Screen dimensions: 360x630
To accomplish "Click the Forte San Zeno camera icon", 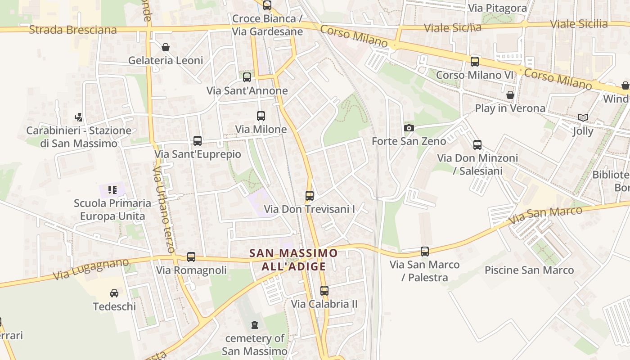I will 409,128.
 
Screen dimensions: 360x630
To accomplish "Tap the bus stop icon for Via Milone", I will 261,116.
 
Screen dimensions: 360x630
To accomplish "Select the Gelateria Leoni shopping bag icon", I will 166,47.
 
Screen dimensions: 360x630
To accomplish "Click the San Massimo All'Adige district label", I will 293,260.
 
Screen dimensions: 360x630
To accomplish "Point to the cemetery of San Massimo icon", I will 255,324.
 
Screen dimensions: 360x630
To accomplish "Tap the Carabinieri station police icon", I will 79,117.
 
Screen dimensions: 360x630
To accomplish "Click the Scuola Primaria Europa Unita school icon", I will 112,190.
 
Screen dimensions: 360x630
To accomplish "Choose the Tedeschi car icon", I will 114,293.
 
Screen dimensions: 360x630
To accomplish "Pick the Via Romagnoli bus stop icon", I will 191,257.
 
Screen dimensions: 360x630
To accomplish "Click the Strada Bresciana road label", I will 73,30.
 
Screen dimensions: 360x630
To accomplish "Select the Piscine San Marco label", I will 529,270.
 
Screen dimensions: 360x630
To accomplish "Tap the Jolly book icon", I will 583,118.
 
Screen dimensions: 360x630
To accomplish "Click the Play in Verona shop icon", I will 510,95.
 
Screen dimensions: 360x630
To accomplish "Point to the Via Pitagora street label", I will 497,8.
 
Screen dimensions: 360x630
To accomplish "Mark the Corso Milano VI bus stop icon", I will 475,62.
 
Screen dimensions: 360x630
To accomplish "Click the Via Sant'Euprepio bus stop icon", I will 198,141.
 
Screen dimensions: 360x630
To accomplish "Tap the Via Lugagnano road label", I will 91,269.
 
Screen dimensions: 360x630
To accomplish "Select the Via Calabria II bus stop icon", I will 324,291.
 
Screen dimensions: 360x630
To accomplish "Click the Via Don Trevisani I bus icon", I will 310,196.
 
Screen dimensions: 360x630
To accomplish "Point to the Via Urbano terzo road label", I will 163,210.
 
